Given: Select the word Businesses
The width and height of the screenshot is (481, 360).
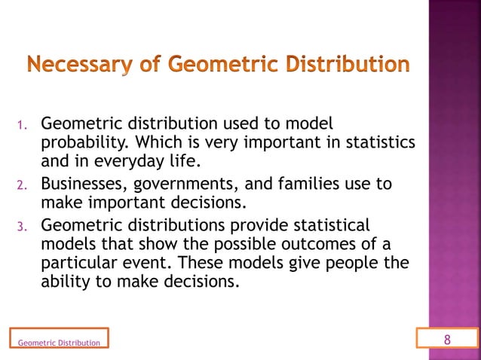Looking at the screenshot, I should (x=87, y=184).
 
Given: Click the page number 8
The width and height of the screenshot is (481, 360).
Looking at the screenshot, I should (x=447, y=339).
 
